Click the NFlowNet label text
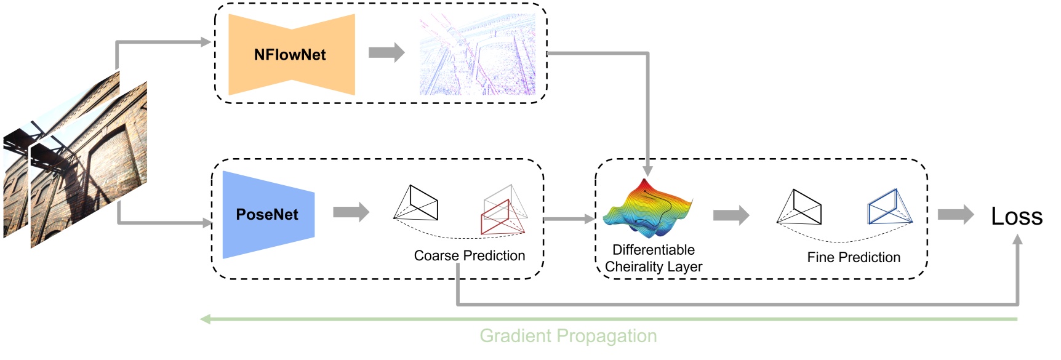pos(290,55)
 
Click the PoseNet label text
pos(267,215)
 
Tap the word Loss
pos(1016,217)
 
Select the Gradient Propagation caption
pos(568,336)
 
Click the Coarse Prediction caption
pos(469,255)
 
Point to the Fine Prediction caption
pos(853,257)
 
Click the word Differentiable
pos(653,250)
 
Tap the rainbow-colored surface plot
pos(647,209)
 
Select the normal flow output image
pos(477,55)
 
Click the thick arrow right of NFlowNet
pos(386,53)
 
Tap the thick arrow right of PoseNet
pos(351,212)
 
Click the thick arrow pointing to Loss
pos(955,215)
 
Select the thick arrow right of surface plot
pos(731,215)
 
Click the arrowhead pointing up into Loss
pos(1017,241)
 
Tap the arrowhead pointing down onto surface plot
pos(647,170)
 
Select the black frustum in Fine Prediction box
pos(800,207)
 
